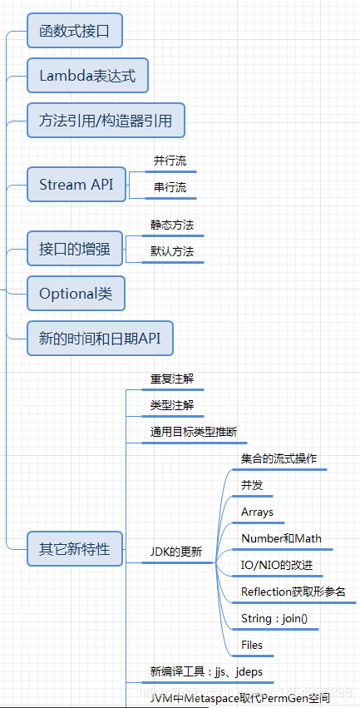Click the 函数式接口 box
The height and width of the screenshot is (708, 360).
click(75, 32)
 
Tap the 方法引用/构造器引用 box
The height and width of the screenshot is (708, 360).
click(106, 121)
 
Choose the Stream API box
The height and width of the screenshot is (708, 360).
click(76, 185)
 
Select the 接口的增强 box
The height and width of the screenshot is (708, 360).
click(74, 248)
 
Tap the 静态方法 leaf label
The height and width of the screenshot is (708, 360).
click(172, 225)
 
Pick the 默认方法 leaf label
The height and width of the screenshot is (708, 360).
click(172, 250)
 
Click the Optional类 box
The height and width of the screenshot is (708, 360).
click(76, 293)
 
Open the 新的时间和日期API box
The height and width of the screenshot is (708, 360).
click(100, 338)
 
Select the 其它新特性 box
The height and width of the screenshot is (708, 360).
click(74, 549)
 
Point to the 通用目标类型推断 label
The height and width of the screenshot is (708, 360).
click(193, 432)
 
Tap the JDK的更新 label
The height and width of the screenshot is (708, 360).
click(175, 552)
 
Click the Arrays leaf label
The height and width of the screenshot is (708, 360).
click(257, 512)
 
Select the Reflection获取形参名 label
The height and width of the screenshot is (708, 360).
click(293, 592)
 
